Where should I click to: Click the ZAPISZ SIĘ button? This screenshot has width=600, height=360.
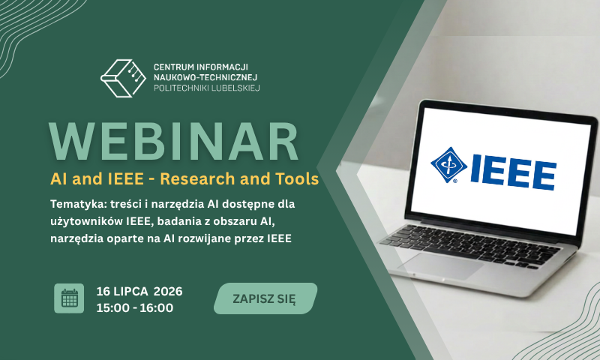tap(265, 298)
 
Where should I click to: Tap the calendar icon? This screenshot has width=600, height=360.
tap(69, 298)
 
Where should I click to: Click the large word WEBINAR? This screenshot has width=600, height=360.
tap(174, 142)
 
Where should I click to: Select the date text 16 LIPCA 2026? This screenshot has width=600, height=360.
tap(139, 291)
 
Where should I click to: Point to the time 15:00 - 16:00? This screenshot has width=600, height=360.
tap(135, 307)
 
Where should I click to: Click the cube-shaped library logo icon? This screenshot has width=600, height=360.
tap(123, 78)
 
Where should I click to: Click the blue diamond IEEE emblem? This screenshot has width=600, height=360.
tap(448, 165)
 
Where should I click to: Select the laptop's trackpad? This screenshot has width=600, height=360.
tap(441, 265)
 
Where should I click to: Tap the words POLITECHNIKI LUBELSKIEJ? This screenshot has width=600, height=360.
tap(207, 88)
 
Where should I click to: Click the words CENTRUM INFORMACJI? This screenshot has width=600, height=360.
tap(201, 67)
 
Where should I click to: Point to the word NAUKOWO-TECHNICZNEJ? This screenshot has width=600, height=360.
tap(205, 77)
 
